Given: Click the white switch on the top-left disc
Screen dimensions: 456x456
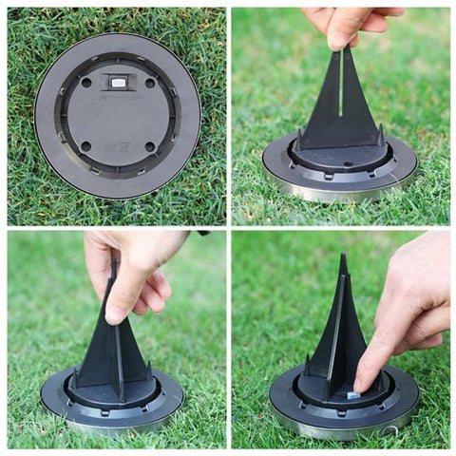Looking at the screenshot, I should (118, 83).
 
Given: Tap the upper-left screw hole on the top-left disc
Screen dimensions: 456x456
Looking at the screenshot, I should (87, 83).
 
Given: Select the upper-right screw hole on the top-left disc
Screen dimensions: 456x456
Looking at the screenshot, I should (149, 83).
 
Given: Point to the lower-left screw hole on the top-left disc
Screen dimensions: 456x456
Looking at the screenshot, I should (86, 145).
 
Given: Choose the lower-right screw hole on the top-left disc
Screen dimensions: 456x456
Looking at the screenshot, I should (149, 146).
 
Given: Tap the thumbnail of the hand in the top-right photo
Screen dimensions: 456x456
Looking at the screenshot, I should (340, 39).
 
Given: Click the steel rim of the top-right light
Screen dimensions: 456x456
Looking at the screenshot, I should (337, 190).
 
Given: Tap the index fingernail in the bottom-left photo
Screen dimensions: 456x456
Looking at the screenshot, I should (116, 312).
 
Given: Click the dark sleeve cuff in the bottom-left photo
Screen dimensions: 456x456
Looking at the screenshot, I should (202, 232).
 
